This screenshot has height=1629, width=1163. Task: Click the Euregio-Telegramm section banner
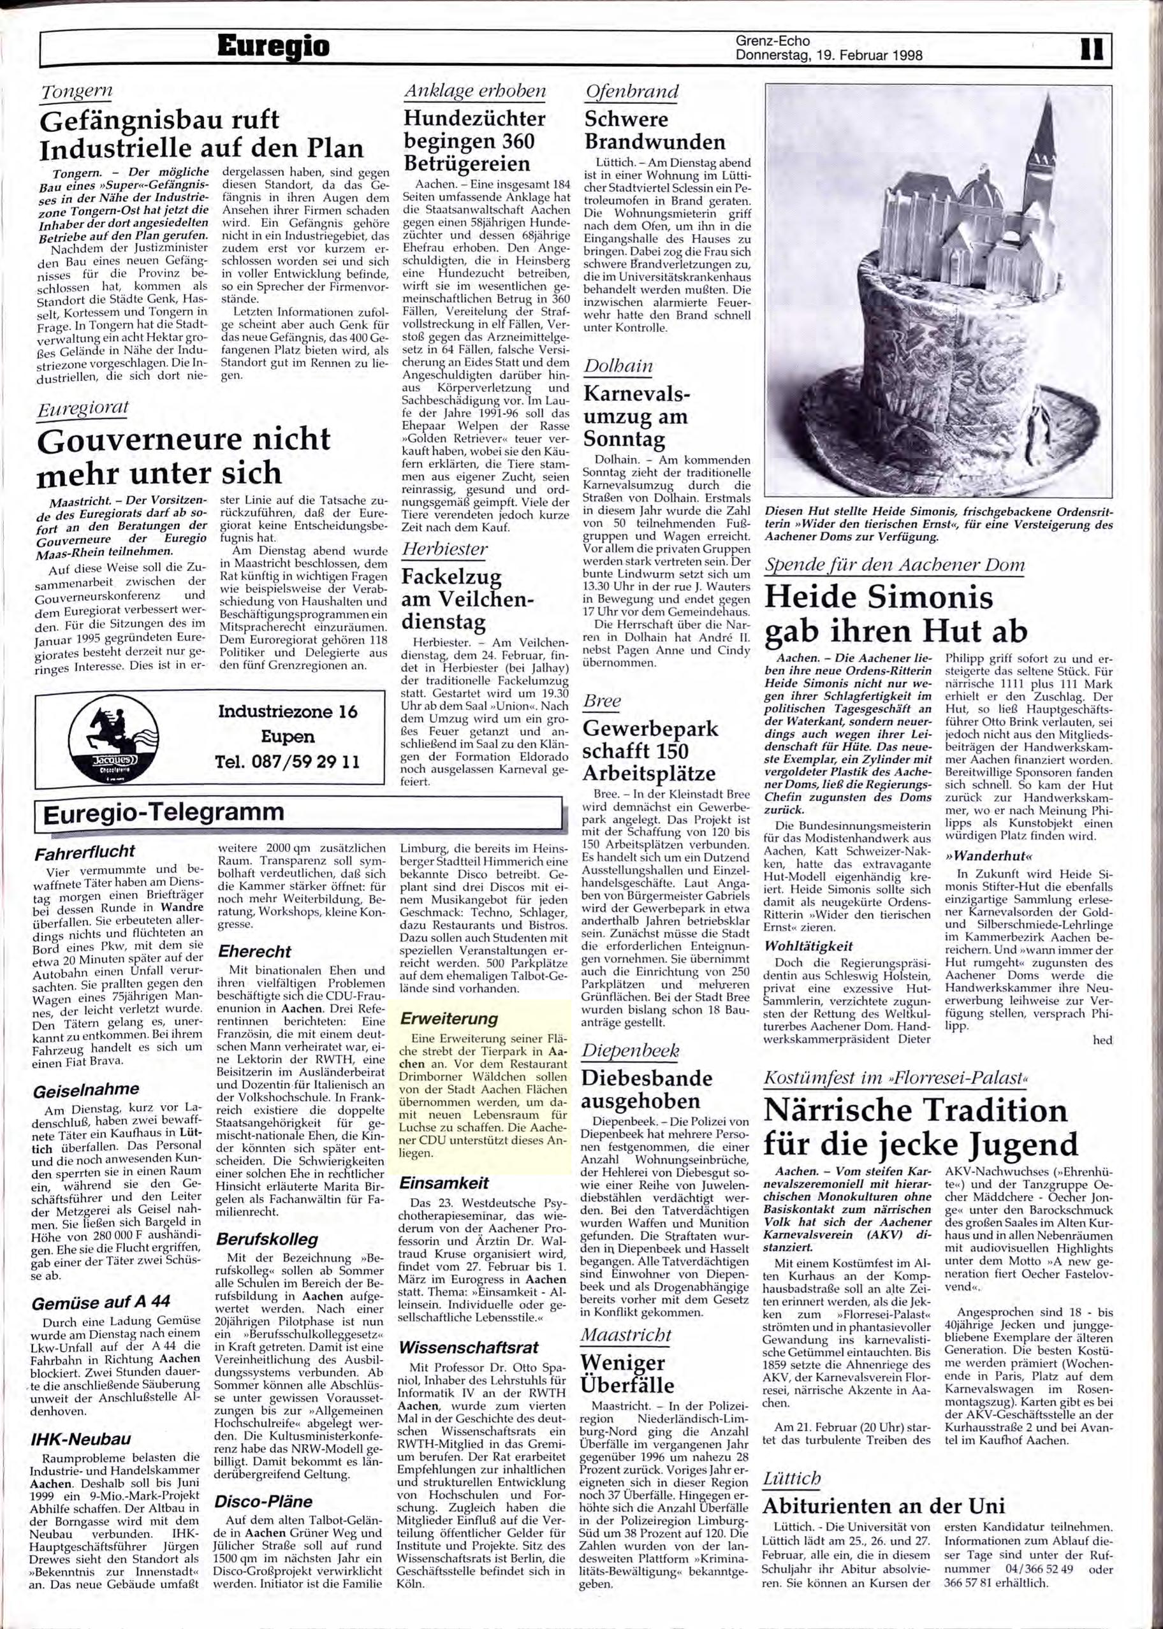[x=165, y=813]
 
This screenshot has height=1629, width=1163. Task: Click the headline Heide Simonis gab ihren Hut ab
[x=896, y=614]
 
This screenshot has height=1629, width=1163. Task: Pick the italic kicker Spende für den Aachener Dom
[x=895, y=565]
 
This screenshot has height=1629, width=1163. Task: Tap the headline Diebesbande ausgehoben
[x=647, y=1088]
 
